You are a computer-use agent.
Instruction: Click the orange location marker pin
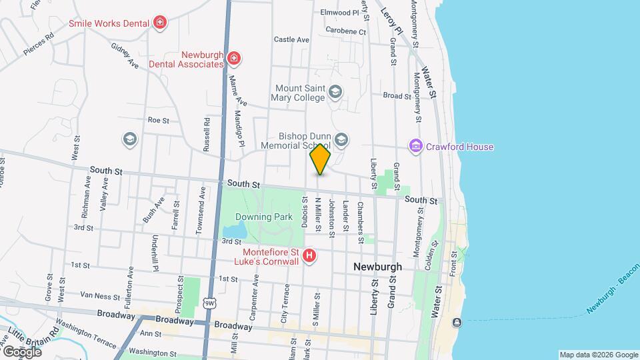click(x=321, y=159)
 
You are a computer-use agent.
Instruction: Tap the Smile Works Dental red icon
click(x=159, y=24)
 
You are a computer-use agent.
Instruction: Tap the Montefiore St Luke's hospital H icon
click(x=309, y=255)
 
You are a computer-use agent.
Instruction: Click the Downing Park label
click(x=263, y=217)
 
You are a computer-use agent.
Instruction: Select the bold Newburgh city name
click(x=377, y=267)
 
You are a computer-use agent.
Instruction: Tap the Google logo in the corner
click(x=22, y=351)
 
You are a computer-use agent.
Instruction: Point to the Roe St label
click(x=159, y=121)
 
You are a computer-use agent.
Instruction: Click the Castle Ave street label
click(x=291, y=40)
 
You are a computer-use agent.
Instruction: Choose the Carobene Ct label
click(x=346, y=31)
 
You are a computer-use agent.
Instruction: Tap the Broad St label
click(x=397, y=96)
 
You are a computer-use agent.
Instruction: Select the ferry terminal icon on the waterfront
click(x=457, y=323)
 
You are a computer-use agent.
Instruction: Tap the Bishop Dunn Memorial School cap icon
click(x=341, y=139)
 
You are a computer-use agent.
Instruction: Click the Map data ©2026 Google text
click(x=598, y=355)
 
